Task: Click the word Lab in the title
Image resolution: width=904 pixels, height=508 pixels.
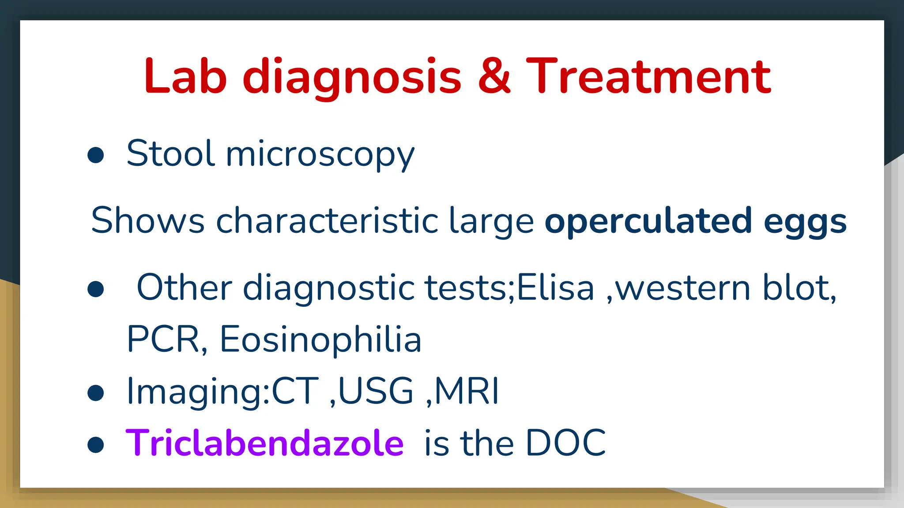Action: (185, 77)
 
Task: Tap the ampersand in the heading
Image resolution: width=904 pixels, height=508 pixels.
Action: (494, 77)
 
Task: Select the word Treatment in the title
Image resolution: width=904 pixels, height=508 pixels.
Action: (648, 77)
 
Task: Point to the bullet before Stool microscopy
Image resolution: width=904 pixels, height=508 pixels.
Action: (96, 155)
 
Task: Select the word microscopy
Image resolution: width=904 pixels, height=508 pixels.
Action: (320, 155)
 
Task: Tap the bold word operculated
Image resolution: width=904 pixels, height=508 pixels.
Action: (648, 221)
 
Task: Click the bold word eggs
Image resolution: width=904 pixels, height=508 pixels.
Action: (805, 223)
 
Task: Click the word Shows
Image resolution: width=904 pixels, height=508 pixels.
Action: (148, 220)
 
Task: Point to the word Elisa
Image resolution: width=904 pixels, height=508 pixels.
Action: (555, 288)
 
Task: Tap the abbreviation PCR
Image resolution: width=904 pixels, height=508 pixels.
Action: (163, 340)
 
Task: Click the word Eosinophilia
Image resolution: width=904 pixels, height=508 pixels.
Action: (320, 340)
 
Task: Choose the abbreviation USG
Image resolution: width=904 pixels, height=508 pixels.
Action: (376, 391)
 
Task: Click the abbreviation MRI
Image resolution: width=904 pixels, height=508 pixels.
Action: (467, 391)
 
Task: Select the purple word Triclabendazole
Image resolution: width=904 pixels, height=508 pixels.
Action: (264, 443)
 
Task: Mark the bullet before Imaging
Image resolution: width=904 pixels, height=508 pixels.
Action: (96, 392)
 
